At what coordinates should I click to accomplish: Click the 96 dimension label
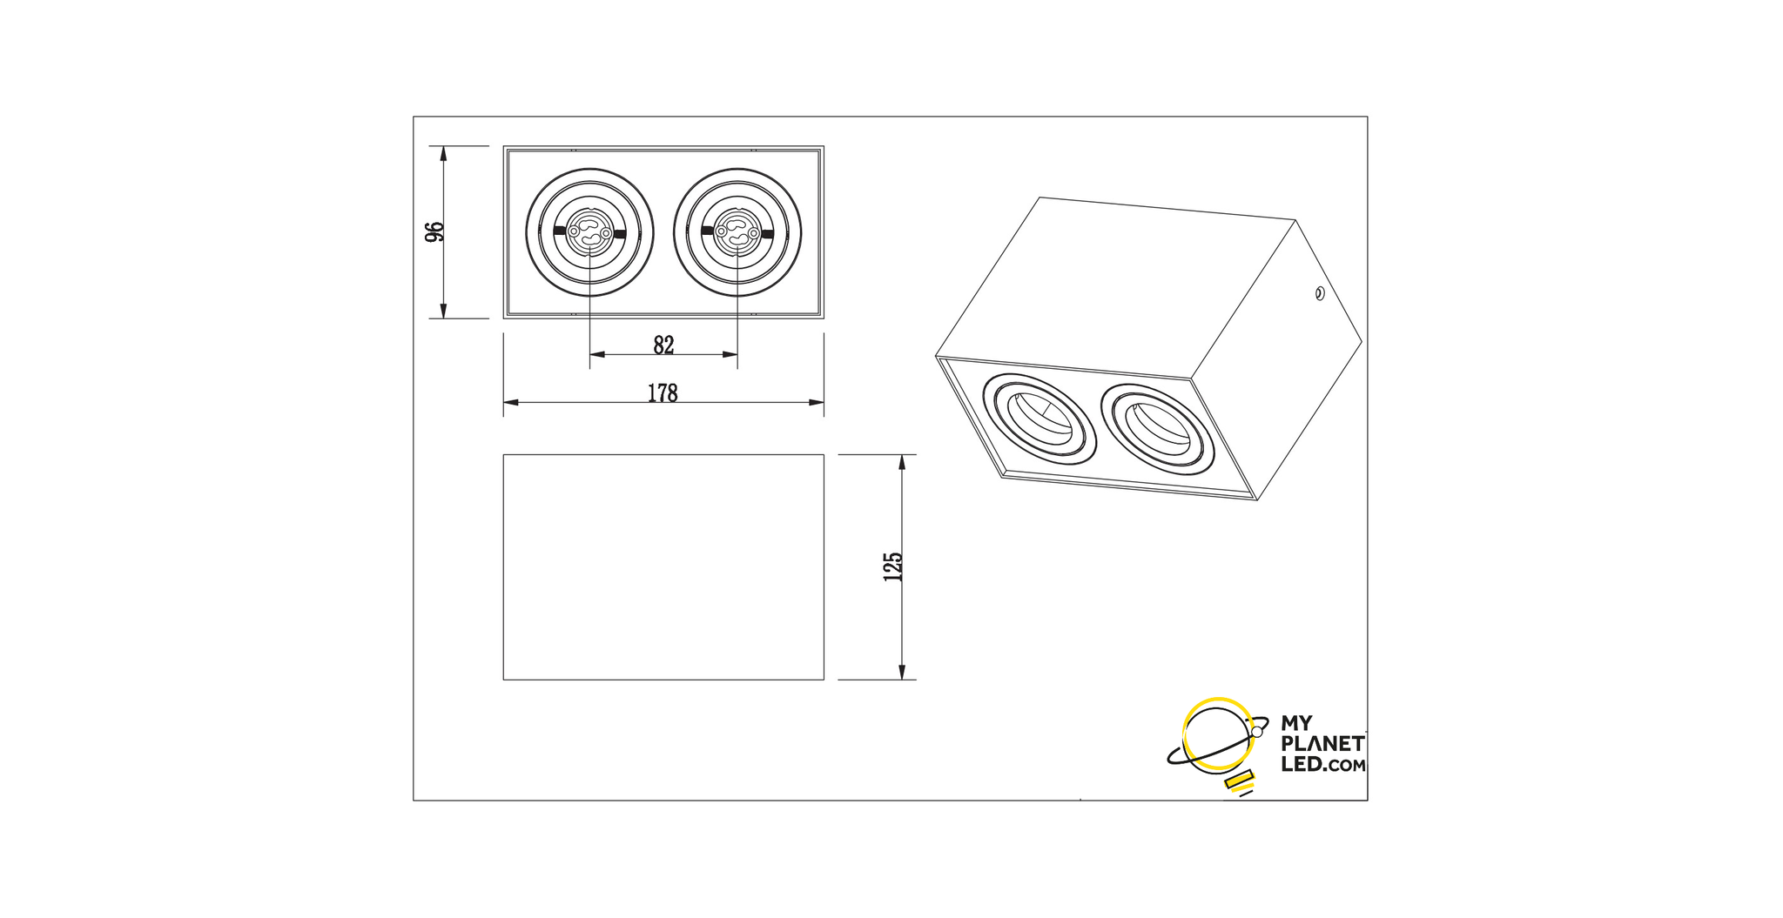tap(434, 232)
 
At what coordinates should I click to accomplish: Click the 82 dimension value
tap(663, 345)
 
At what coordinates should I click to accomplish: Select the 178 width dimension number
tap(663, 393)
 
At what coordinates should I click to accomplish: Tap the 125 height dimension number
tap(893, 566)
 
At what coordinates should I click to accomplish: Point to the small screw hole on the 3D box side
tap(1319, 293)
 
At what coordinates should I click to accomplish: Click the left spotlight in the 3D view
tap(1039, 419)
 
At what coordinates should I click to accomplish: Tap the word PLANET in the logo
tap(1322, 744)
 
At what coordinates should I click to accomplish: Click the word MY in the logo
tap(1296, 724)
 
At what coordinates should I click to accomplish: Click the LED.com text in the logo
tap(1323, 765)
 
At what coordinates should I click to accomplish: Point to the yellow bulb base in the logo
tap(1238, 781)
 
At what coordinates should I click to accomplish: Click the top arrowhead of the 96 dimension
tap(443, 154)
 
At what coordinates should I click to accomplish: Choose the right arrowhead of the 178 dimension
tap(816, 402)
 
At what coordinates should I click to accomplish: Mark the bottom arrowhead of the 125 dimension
tap(902, 672)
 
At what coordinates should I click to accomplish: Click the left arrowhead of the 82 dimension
tap(598, 354)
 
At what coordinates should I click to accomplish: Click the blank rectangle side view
tap(663, 566)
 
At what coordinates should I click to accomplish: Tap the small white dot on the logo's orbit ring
tap(1256, 732)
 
